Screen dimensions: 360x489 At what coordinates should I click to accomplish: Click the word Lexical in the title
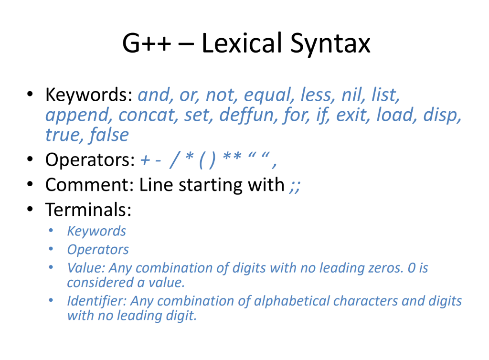tap(241, 43)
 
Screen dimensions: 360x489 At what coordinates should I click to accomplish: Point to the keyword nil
tap(351, 95)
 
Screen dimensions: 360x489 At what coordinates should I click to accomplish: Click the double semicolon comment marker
tap(295, 185)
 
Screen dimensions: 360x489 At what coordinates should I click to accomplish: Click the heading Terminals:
tap(88, 209)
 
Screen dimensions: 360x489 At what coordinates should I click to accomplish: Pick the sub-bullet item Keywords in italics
tap(96, 232)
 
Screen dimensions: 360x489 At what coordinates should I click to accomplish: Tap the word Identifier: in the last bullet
tap(97, 301)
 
